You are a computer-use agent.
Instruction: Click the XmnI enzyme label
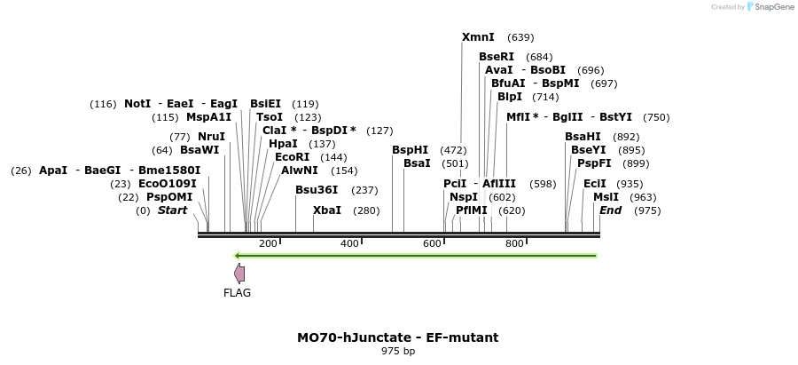pos(478,37)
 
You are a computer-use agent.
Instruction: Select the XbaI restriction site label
pos(327,210)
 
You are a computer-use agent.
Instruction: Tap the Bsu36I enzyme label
pos(317,190)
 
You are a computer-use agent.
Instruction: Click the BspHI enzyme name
pos(410,150)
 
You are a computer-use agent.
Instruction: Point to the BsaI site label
pos(417,163)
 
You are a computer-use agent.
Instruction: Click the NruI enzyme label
pos(211,137)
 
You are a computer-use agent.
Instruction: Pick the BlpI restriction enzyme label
pos(510,97)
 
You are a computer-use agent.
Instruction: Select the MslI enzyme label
pos(606,197)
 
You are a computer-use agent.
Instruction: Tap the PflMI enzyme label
pos(472,210)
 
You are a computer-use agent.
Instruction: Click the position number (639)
pos(520,37)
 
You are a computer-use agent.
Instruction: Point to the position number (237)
pos(365,190)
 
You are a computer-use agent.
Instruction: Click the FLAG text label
pos(237,293)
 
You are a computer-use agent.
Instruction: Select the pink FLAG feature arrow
pos(239,274)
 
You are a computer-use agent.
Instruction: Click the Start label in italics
pos(173,210)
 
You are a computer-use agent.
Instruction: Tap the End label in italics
pos(611,210)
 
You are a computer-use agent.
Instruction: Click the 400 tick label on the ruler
pos(349,244)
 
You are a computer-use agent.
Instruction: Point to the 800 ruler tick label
pos(514,244)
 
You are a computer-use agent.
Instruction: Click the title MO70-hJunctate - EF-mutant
pos(397,337)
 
